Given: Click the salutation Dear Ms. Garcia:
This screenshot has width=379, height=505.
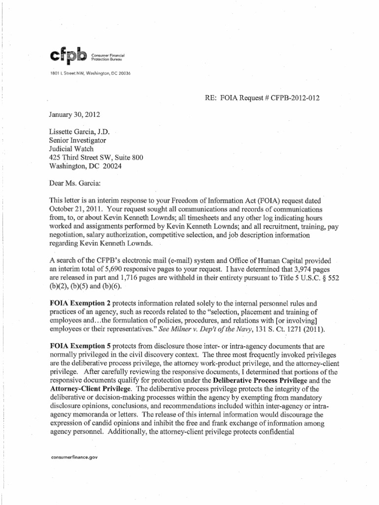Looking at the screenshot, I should pyautogui.click(x=75, y=183).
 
